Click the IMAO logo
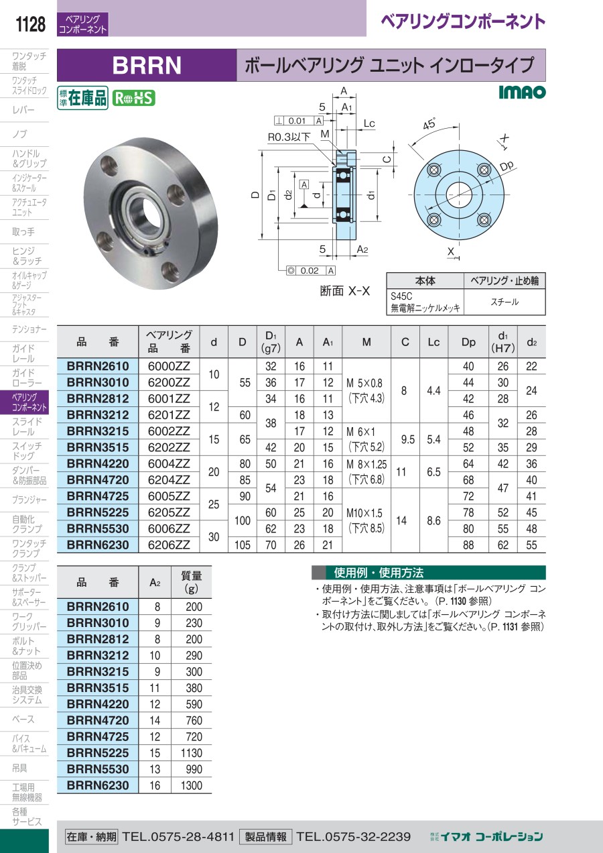click(522, 92)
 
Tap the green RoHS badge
click(133, 98)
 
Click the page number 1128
click(30, 24)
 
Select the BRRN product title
click(147, 65)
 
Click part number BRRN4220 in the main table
click(98, 463)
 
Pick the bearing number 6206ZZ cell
click(169, 545)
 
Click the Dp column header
click(468, 342)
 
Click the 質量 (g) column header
click(192, 582)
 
